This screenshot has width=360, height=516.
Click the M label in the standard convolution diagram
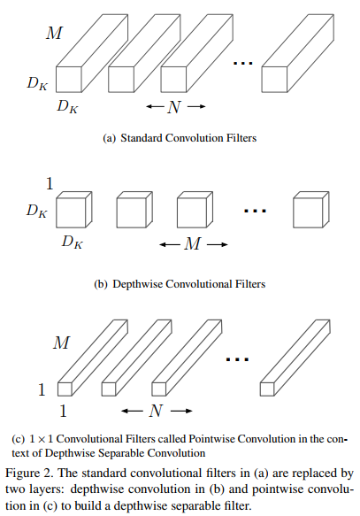[x=54, y=33]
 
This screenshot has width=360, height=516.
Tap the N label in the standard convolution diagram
[x=174, y=106]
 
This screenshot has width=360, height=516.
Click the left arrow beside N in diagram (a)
[x=155, y=106]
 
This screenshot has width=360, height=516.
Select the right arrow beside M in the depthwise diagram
[x=218, y=244]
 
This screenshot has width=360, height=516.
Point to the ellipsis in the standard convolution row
[x=243, y=63]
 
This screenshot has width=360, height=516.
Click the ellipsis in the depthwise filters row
[x=255, y=211]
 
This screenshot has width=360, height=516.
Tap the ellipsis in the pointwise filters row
[x=237, y=359]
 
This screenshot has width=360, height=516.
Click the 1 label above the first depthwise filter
[x=50, y=183]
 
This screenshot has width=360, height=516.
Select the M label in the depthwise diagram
[x=193, y=244]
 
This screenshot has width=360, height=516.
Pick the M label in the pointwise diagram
[x=62, y=343]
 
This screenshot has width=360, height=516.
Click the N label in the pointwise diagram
[x=156, y=411]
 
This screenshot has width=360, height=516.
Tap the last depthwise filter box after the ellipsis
[x=311, y=210]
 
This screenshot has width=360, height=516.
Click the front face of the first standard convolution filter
[x=69, y=80]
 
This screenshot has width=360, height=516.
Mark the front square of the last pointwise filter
[x=267, y=389]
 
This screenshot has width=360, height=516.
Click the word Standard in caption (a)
[x=142, y=138]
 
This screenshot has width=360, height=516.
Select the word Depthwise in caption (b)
[x=137, y=284]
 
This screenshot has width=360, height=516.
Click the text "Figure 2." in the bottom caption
[x=29, y=474]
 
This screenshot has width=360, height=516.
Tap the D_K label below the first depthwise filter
[x=72, y=243]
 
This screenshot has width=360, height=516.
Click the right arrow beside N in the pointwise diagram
[x=182, y=411]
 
